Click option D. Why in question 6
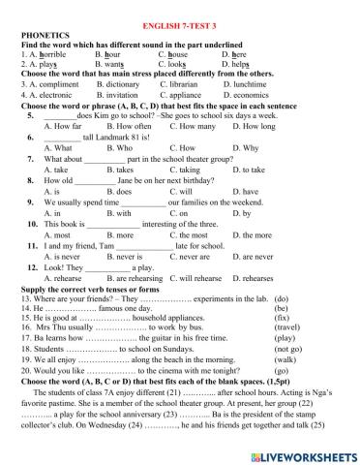245,148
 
